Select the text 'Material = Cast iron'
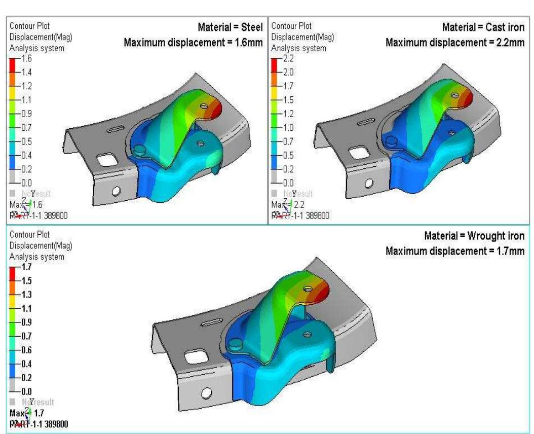coord(483,27)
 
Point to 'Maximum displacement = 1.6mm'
coord(193,43)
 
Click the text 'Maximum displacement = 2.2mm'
coord(454,43)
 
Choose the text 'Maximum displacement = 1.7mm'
coord(454,251)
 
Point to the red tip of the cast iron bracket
coord(468,97)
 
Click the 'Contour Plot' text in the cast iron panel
coord(292,26)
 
